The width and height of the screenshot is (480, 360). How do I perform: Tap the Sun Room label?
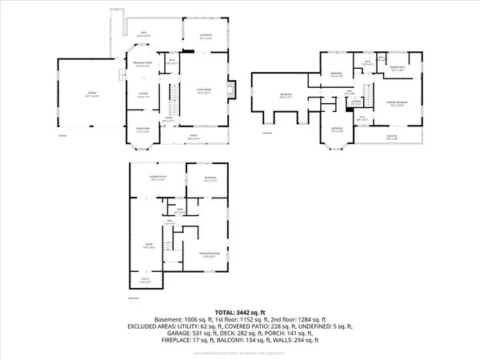click(x=194, y=35)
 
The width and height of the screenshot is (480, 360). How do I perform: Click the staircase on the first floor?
click(x=170, y=102)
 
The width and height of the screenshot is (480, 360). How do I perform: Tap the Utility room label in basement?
click(x=144, y=281)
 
